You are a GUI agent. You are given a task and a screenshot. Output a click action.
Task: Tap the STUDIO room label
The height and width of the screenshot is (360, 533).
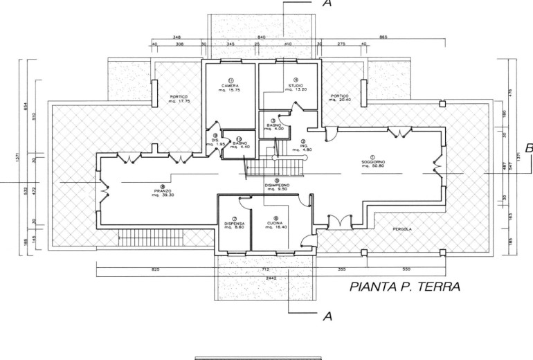point(296,86)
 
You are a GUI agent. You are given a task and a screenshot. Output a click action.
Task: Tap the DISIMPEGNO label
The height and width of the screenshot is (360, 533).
point(277,186)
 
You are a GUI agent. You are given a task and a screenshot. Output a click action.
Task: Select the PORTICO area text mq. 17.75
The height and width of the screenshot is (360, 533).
point(164,102)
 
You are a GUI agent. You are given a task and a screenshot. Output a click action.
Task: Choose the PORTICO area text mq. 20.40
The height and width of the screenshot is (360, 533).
point(339,100)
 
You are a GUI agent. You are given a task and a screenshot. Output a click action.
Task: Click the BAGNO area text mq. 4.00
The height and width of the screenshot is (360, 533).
point(273,130)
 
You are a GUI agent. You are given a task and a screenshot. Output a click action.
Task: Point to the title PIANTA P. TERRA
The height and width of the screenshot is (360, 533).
point(405,286)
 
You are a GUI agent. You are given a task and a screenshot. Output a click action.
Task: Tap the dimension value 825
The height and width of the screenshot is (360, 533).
point(156,268)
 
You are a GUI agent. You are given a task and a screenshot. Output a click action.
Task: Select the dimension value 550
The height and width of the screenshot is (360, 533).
point(406,268)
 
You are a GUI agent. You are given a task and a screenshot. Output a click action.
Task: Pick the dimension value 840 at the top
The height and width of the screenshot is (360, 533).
point(262,37)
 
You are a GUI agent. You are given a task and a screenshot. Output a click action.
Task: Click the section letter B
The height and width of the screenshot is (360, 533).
point(528,147)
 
